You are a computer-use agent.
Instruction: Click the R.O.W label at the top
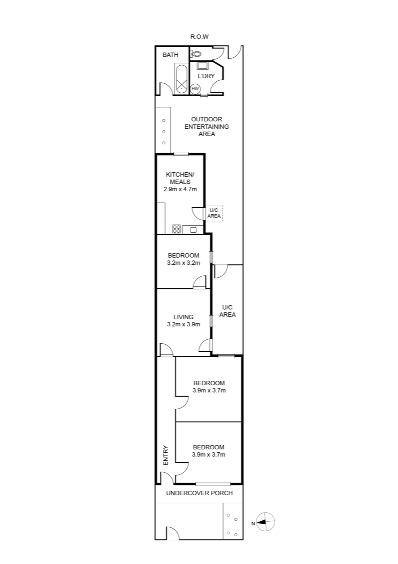coord(200,37)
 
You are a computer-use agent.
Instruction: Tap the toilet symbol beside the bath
coord(196,54)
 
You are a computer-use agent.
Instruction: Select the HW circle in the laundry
coord(195,88)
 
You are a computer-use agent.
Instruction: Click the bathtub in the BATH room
coord(181,78)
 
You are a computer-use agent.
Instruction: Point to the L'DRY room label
coord(206,76)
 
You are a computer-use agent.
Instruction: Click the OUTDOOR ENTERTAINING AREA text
coord(207,127)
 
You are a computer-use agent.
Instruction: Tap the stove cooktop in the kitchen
coord(176,229)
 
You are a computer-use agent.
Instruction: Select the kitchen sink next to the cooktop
coord(193,229)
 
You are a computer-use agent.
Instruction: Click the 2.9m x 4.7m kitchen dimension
coord(180,189)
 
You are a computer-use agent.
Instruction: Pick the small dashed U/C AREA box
coord(214,214)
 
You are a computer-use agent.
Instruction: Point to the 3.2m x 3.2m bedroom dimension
coord(184,263)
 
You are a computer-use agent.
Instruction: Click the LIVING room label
coord(184,317)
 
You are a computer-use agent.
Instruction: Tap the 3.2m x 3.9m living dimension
coord(184,324)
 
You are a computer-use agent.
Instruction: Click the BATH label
coord(170,55)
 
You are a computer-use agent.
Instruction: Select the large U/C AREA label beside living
coord(227,311)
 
